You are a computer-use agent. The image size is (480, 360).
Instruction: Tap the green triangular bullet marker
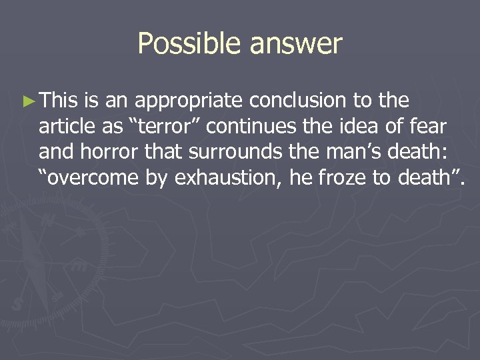(x=27, y=101)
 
